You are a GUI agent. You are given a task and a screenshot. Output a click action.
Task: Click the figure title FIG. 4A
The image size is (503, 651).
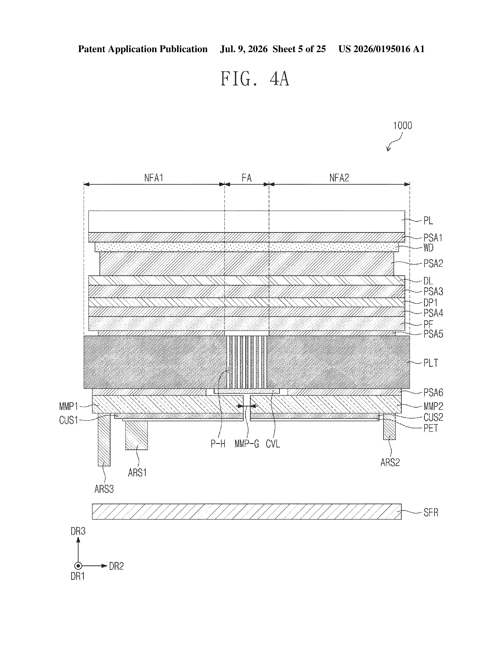click(255, 79)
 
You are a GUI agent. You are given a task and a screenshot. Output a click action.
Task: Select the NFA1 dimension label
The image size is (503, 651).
click(154, 178)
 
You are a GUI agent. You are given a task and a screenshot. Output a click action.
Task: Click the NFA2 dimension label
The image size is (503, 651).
click(339, 178)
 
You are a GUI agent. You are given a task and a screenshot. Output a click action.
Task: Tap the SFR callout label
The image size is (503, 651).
click(431, 512)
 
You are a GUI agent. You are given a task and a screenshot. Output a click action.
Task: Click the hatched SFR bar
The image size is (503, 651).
click(247, 511)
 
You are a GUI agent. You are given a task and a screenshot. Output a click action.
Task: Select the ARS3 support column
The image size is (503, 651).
click(104, 440)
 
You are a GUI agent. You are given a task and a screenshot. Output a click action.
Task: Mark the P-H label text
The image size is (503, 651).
click(218, 444)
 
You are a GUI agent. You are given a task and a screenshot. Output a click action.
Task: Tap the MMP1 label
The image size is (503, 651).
click(68, 406)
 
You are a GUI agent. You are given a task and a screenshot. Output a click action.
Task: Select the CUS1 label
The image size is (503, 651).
click(68, 420)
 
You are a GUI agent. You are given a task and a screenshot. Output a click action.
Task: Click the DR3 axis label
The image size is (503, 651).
click(78, 531)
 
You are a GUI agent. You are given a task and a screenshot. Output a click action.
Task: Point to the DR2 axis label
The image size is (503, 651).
click(116, 566)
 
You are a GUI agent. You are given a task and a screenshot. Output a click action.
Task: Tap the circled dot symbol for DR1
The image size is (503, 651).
click(78, 566)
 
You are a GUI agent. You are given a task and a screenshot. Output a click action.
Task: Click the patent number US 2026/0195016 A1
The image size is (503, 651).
click(381, 49)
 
